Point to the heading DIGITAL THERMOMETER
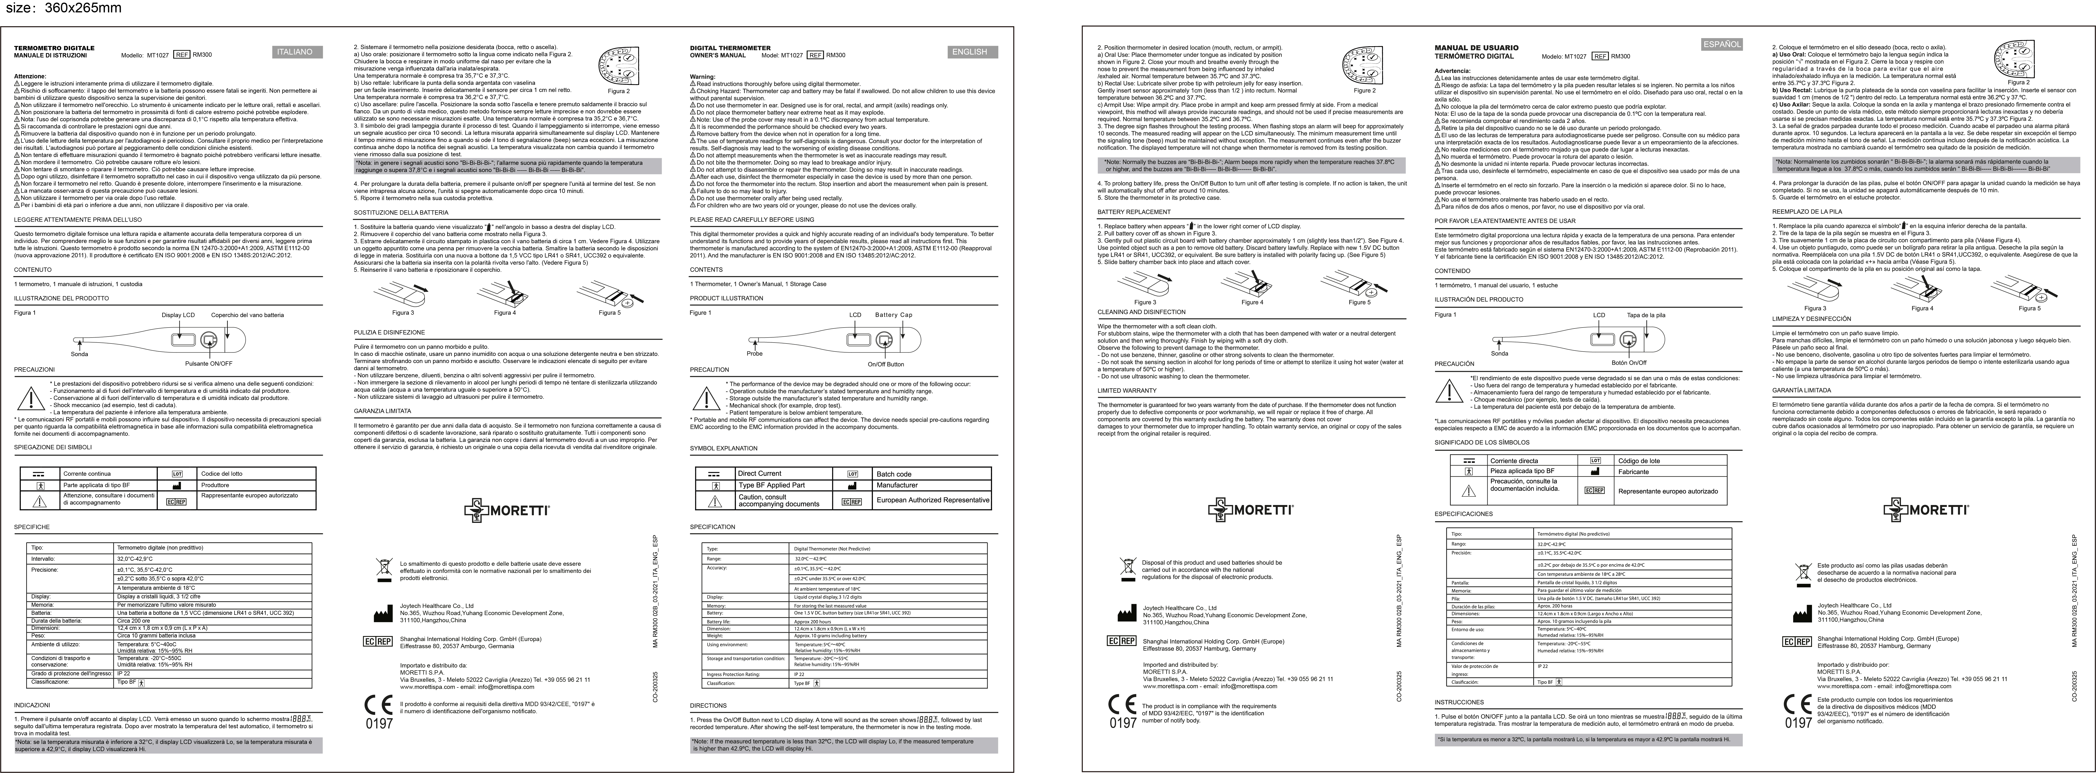(730, 48)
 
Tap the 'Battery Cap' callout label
(893, 315)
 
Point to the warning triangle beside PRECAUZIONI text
(31, 399)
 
